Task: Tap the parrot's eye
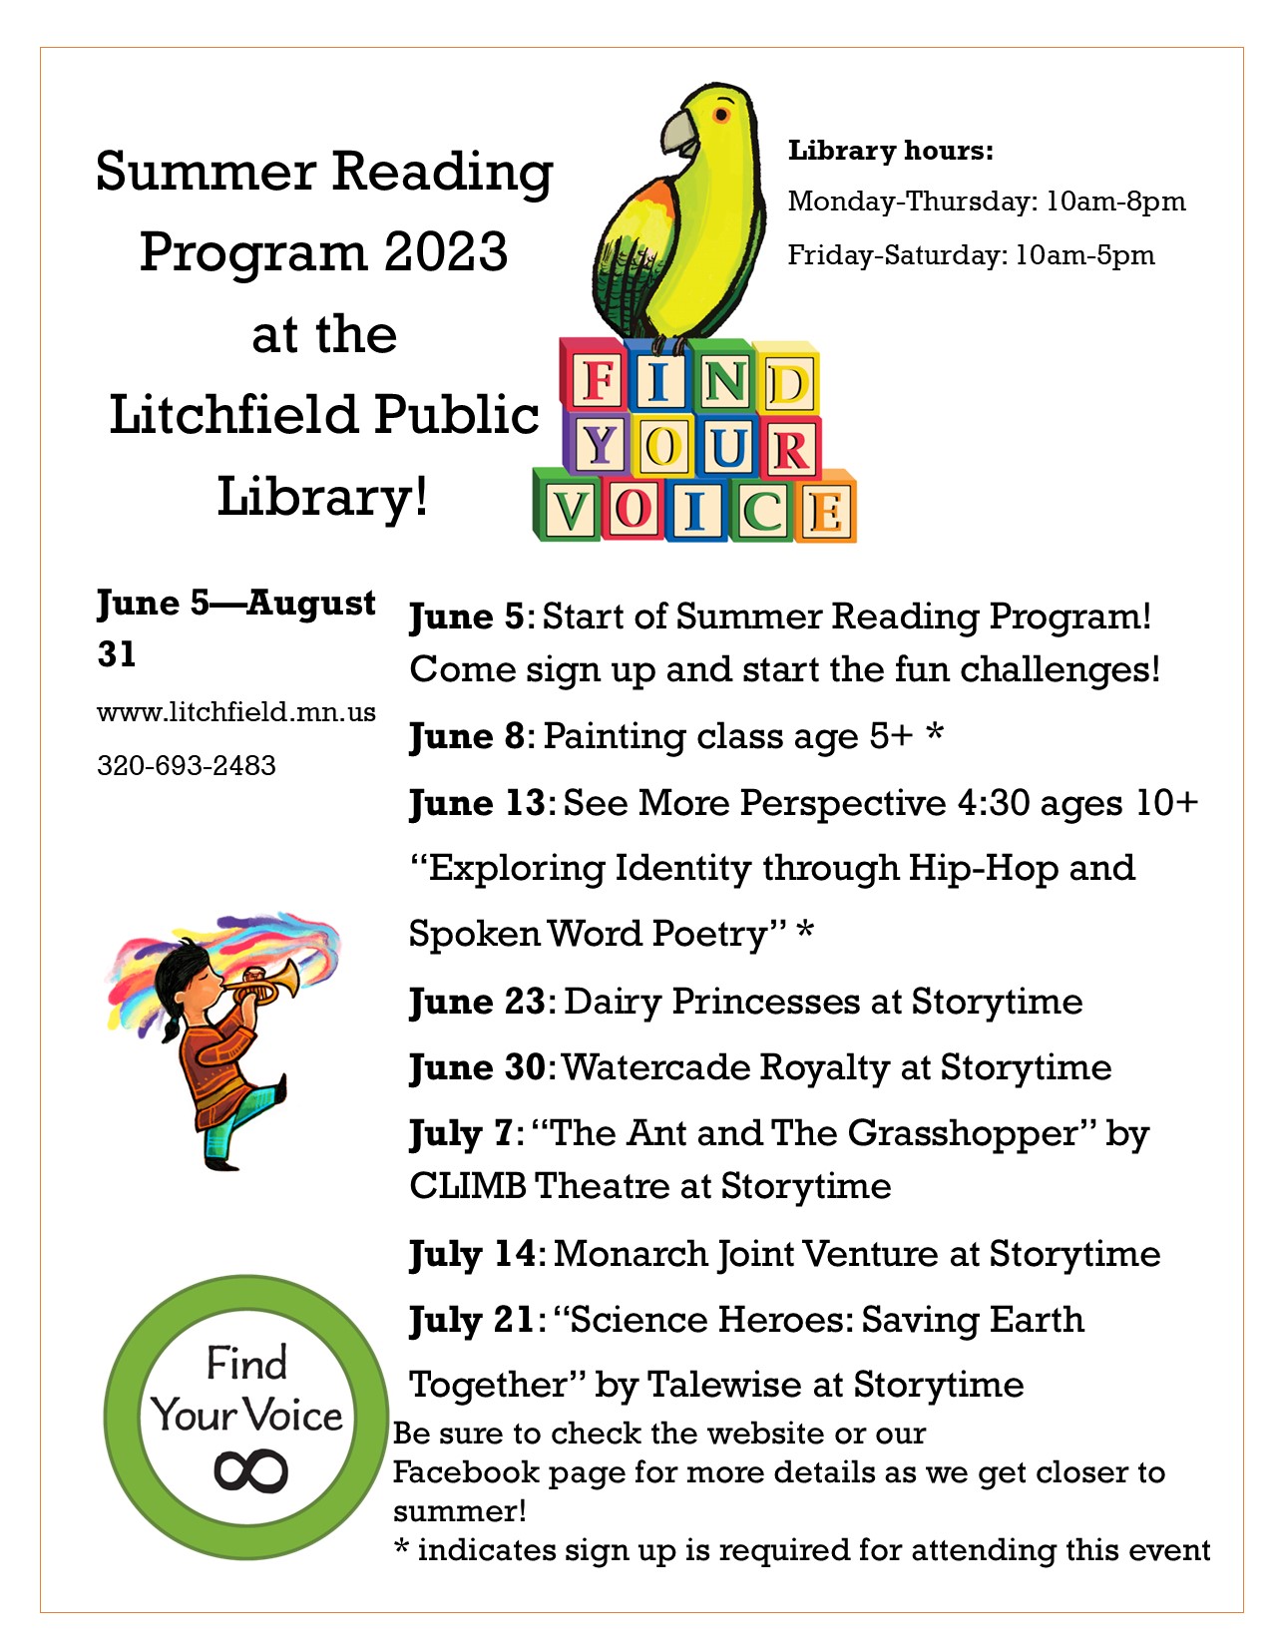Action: coord(720,117)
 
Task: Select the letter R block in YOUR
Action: coord(790,449)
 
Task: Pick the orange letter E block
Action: coord(826,512)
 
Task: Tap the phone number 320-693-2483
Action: coord(187,766)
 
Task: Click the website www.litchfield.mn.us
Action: coord(236,712)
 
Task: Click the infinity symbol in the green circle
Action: coord(250,1471)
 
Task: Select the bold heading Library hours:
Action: coord(891,151)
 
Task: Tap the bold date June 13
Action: coord(477,803)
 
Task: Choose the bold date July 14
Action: coord(472,1254)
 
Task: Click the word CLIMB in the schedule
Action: coord(467,1186)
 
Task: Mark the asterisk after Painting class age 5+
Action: coord(935,735)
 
